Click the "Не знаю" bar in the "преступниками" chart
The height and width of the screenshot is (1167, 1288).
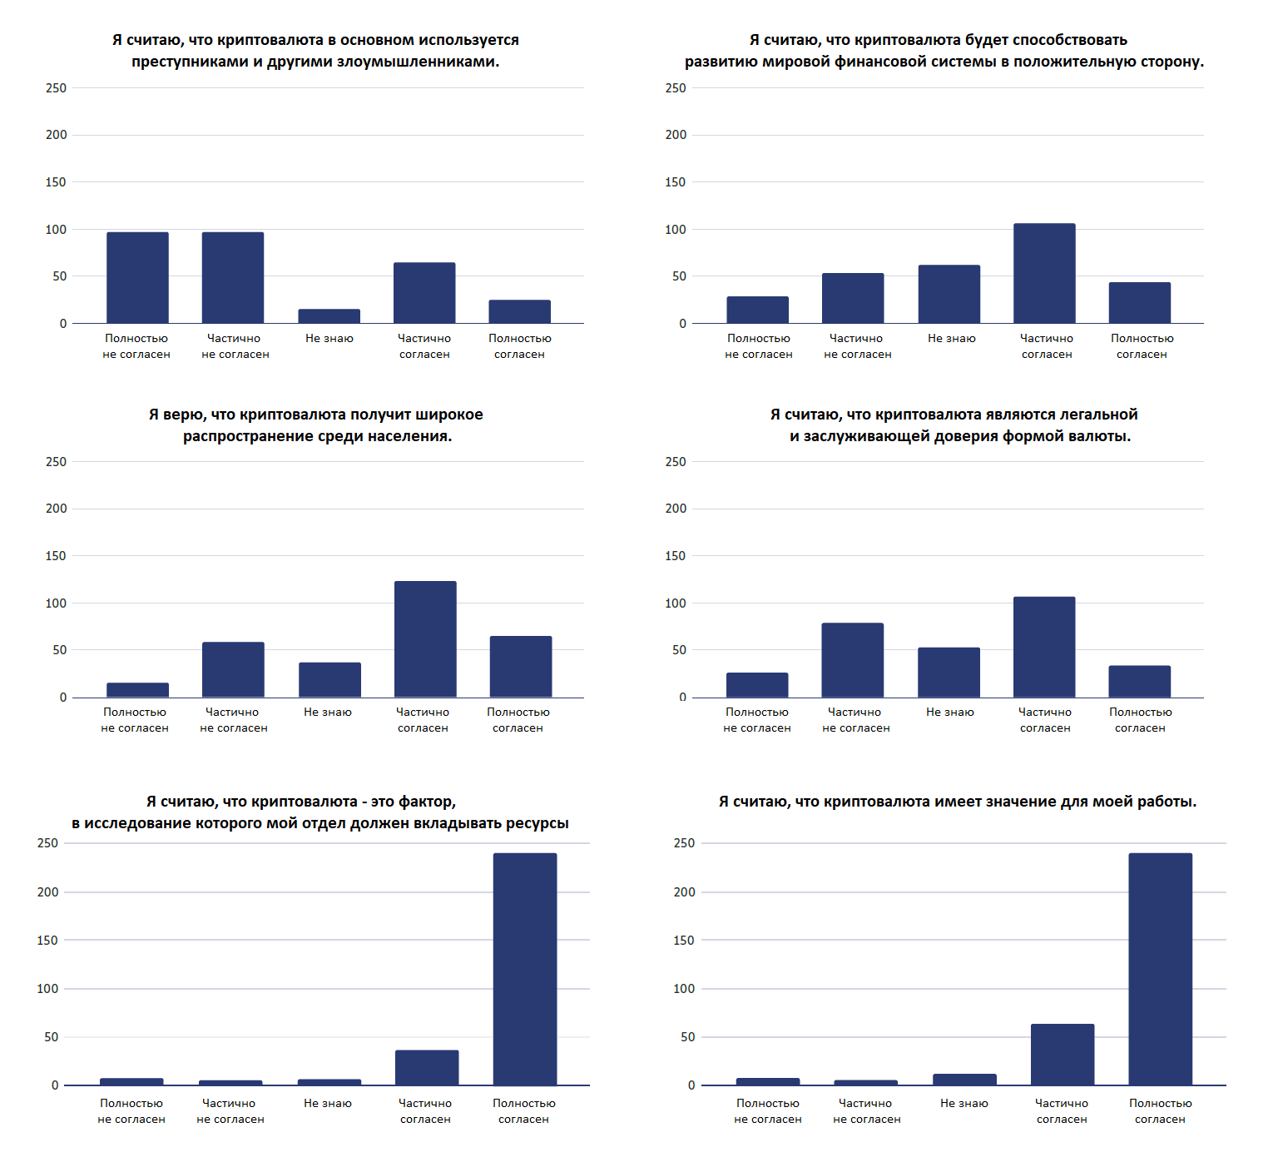tap(329, 316)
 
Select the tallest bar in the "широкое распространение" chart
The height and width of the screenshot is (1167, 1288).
tap(425, 639)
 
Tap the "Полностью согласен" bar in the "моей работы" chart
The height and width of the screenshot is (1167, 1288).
tap(1161, 969)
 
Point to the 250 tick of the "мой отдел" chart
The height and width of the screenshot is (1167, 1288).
tap(48, 843)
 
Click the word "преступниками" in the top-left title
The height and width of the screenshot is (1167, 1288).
tap(191, 62)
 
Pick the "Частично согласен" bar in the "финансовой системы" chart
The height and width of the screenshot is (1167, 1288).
tap(1044, 273)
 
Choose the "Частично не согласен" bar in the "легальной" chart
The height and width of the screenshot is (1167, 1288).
tap(853, 660)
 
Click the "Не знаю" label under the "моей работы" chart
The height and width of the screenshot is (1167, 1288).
tap(964, 1103)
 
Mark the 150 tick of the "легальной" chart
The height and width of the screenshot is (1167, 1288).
tap(676, 555)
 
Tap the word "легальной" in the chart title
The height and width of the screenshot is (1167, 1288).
tap(1098, 415)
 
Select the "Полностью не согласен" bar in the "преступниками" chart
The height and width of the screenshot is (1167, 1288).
tap(137, 277)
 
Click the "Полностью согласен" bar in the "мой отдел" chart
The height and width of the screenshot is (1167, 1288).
tap(525, 969)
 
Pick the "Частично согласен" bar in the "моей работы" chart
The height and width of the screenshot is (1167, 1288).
tap(1063, 1055)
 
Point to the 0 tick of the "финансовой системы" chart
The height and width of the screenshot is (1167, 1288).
tap(682, 323)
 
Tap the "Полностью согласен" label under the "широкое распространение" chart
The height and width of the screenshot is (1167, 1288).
tap(518, 720)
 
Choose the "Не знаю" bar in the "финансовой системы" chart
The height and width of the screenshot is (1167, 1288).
tap(949, 294)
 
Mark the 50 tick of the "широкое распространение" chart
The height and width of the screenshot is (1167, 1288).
tap(59, 649)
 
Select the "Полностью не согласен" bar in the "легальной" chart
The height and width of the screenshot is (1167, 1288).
tap(757, 685)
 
